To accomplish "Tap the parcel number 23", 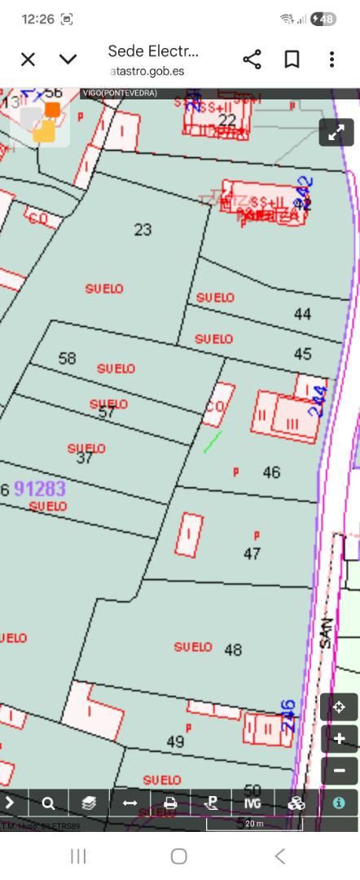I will (x=143, y=230).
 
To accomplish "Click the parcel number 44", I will (x=302, y=314).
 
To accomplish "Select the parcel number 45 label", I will (x=302, y=354).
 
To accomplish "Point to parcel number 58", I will (x=67, y=359).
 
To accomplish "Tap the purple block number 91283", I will (x=40, y=488).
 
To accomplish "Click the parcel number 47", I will (x=252, y=554).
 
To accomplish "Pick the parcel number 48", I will (x=233, y=650).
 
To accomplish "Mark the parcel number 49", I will (x=175, y=741).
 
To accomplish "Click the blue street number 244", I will (x=320, y=401).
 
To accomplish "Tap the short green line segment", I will (x=213, y=442).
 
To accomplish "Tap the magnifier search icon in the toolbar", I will (x=49, y=803).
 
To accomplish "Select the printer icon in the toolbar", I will (x=170, y=803).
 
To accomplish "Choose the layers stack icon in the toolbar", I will (x=89, y=803).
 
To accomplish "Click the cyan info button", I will (x=338, y=803).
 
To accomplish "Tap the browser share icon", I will (x=252, y=59).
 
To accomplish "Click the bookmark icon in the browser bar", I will (x=292, y=59).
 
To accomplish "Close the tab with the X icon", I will (x=28, y=59).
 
